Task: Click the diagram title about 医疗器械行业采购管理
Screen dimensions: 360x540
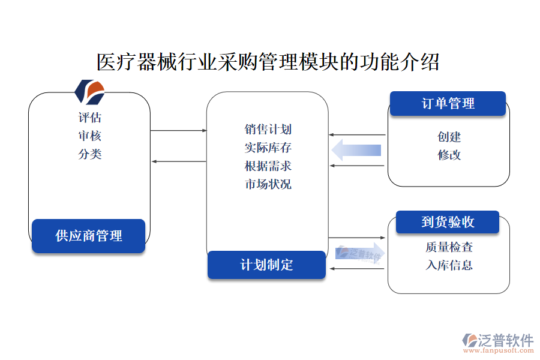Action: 268,62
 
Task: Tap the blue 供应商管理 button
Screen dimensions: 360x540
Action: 89,236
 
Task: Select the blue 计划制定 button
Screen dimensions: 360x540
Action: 266,265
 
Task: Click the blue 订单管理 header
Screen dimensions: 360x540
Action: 448,103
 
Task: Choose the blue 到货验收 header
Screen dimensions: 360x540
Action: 448,222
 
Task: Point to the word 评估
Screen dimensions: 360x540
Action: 89,118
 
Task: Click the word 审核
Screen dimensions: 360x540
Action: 89,136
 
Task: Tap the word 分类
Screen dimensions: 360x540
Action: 89,154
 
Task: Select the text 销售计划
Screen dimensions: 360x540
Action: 268,129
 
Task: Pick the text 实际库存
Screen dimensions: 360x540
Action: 268,148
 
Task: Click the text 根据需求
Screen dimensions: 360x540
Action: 268,166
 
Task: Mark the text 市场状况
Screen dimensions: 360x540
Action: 268,184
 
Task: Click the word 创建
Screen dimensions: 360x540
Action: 449,137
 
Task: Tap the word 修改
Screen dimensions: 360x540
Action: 449,155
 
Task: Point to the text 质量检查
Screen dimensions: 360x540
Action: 449,247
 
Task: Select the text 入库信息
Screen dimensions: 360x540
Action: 449,265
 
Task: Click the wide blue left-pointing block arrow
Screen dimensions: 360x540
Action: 356,149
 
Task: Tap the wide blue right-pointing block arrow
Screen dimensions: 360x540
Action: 360,253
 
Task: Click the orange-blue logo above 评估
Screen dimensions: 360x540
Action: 89,92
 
